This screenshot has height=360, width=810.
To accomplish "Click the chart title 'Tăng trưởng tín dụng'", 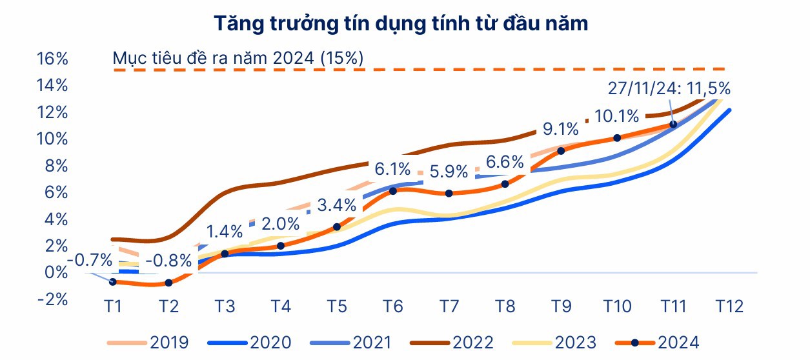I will pyautogui.click(x=401, y=24).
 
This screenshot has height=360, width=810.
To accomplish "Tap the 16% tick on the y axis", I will pyautogui.click(x=52, y=59).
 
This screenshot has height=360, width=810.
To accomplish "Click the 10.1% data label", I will pyautogui.click(x=618, y=116).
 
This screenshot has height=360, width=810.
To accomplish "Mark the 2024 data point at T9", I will pyautogui.click(x=561, y=151).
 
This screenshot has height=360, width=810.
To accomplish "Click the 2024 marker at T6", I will pyautogui.click(x=392, y=191).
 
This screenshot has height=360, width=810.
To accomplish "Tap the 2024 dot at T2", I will pyautogui.click(x=168, y=283).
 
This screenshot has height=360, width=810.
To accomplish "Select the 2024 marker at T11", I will pyautogui.click(x=673, y=124).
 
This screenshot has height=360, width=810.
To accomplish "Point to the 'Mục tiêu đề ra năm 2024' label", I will pyautogui.click(x=238, y=58).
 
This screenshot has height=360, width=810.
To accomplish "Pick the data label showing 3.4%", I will pyautogui.click(x=337, y=206).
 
